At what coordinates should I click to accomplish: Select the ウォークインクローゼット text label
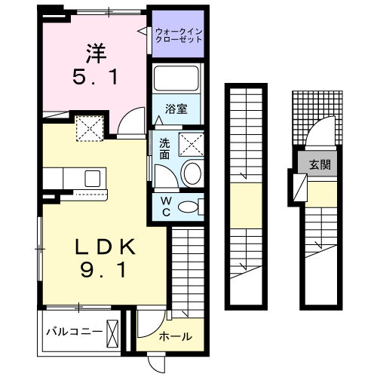tap(179, 35)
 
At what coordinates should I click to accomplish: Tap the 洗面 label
tap(164, 148)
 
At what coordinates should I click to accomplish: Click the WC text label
tap(165, 206)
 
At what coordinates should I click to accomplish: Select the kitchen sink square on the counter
tap(93, 179)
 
